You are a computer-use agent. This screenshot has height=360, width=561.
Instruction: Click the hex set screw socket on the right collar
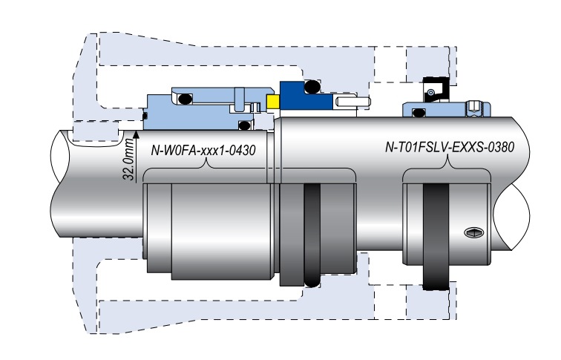coord(475,233)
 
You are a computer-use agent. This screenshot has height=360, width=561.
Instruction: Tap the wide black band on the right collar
coord(437,235)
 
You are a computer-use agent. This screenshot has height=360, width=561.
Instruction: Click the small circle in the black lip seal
coord(429,92)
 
